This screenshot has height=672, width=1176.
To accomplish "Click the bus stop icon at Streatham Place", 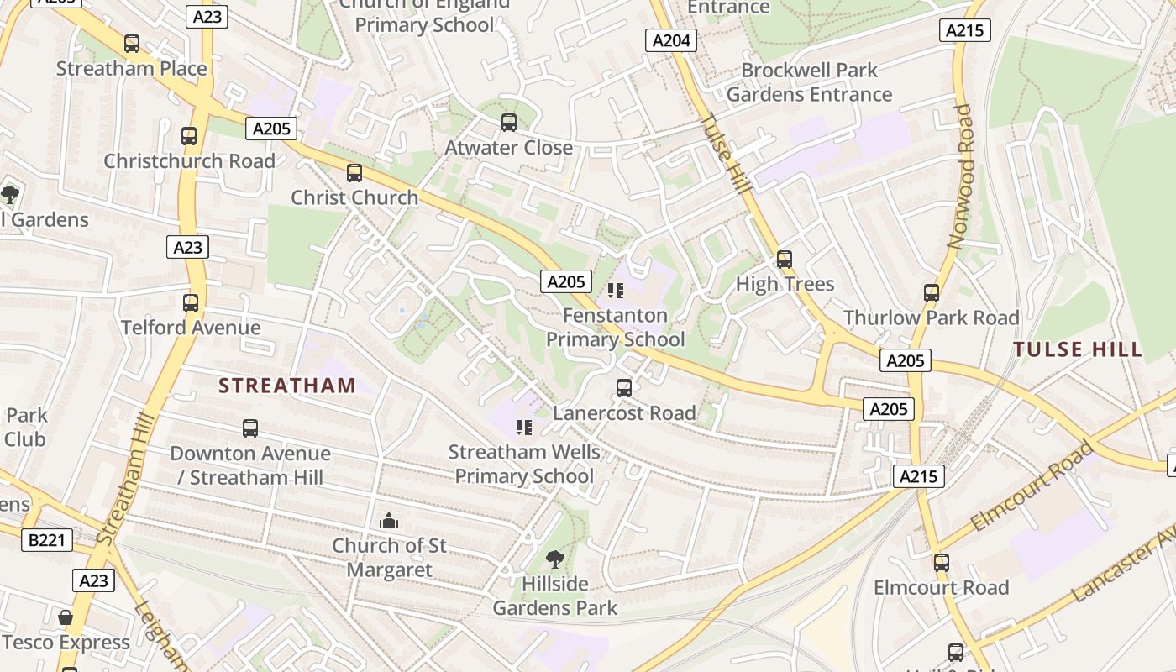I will tap(132, 44).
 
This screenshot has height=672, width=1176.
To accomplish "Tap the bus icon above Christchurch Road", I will tap(189, 135).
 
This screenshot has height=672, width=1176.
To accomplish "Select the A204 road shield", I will tap(671, 39).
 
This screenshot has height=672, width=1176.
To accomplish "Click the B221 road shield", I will tap(46, 540).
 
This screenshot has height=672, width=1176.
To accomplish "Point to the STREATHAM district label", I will tap(287, 386).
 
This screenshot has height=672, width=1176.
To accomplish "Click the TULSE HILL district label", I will tap(1077, 349).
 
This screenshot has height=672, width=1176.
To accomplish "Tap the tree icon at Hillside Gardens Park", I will tap(554, 559).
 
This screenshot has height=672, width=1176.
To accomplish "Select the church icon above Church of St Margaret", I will tap(388, 522).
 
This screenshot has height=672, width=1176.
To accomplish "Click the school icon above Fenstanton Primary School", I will tap(616, 291).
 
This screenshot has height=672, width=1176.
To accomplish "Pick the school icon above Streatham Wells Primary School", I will tap(524, 428).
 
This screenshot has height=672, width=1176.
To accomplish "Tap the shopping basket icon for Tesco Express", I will tap(66, 618).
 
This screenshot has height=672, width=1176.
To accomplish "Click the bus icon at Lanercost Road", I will tap(623, 387).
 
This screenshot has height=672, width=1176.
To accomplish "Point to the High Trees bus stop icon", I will tap(785, 259).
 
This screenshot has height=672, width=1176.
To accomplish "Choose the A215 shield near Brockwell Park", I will tap(964, 30).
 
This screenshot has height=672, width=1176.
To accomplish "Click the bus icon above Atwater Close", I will tap(508, 123).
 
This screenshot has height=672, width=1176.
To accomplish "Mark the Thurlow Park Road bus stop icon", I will tap(931, 292).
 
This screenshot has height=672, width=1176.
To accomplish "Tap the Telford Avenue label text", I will tap(191, 328).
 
